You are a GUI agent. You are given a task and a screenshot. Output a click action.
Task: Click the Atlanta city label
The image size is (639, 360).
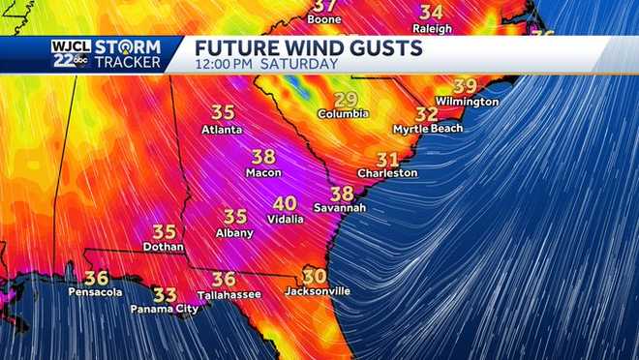(x=222, y=130)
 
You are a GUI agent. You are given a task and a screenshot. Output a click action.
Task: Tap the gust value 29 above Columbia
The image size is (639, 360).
(x=346, y=100)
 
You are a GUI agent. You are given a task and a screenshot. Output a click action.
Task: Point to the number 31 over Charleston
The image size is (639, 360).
(x=387, y=160)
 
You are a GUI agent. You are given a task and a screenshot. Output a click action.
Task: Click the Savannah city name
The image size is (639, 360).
(x=340, y=207)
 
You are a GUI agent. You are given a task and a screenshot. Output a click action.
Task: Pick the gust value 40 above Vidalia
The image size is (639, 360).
(x=285, y=204)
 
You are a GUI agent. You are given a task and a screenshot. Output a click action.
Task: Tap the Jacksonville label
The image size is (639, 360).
(x=318, y=290)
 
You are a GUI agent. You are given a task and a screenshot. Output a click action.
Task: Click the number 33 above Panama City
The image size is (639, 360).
(x=166, y=294)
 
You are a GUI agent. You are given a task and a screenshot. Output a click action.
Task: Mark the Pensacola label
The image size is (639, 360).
(x=95, y=291)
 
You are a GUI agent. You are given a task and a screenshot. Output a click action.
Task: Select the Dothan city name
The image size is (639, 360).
(x=163, y=247)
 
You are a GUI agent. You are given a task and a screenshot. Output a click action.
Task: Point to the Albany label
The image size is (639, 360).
(x=234, y=232)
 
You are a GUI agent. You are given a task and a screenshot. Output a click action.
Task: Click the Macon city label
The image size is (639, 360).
(x=262, y=172)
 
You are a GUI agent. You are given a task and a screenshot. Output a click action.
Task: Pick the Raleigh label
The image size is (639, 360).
(x=432, y=28)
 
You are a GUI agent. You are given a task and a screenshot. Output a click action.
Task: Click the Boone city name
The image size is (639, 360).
(x=324, y=19)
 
